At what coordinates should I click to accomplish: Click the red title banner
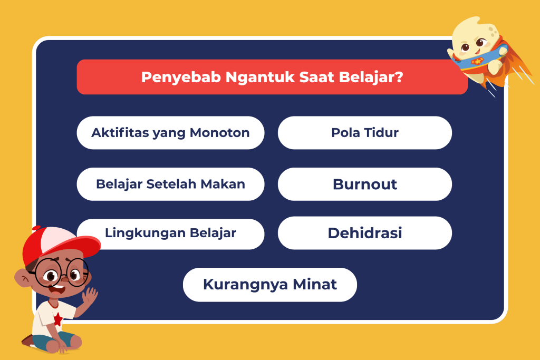(x=272, y=77)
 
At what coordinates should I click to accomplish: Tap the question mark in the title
(x=399, y=77)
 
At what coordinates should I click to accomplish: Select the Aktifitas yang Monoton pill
(x=170, y=132)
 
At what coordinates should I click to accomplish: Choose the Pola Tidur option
(x=365, y=132)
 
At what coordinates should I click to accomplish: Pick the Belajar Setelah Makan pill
(x=170, y=184)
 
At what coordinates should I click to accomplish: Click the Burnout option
(x=365, y=184)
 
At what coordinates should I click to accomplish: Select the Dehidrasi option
(x=365, y=233)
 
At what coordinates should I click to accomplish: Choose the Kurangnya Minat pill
(x=270, y=285)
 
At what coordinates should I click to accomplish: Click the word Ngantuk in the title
(x=260, y=77)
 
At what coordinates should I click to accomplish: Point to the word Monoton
(x=220, y=132)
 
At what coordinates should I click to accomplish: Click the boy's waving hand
(x=90, y=296)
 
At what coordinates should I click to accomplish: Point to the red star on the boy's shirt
(x=58, y=319)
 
